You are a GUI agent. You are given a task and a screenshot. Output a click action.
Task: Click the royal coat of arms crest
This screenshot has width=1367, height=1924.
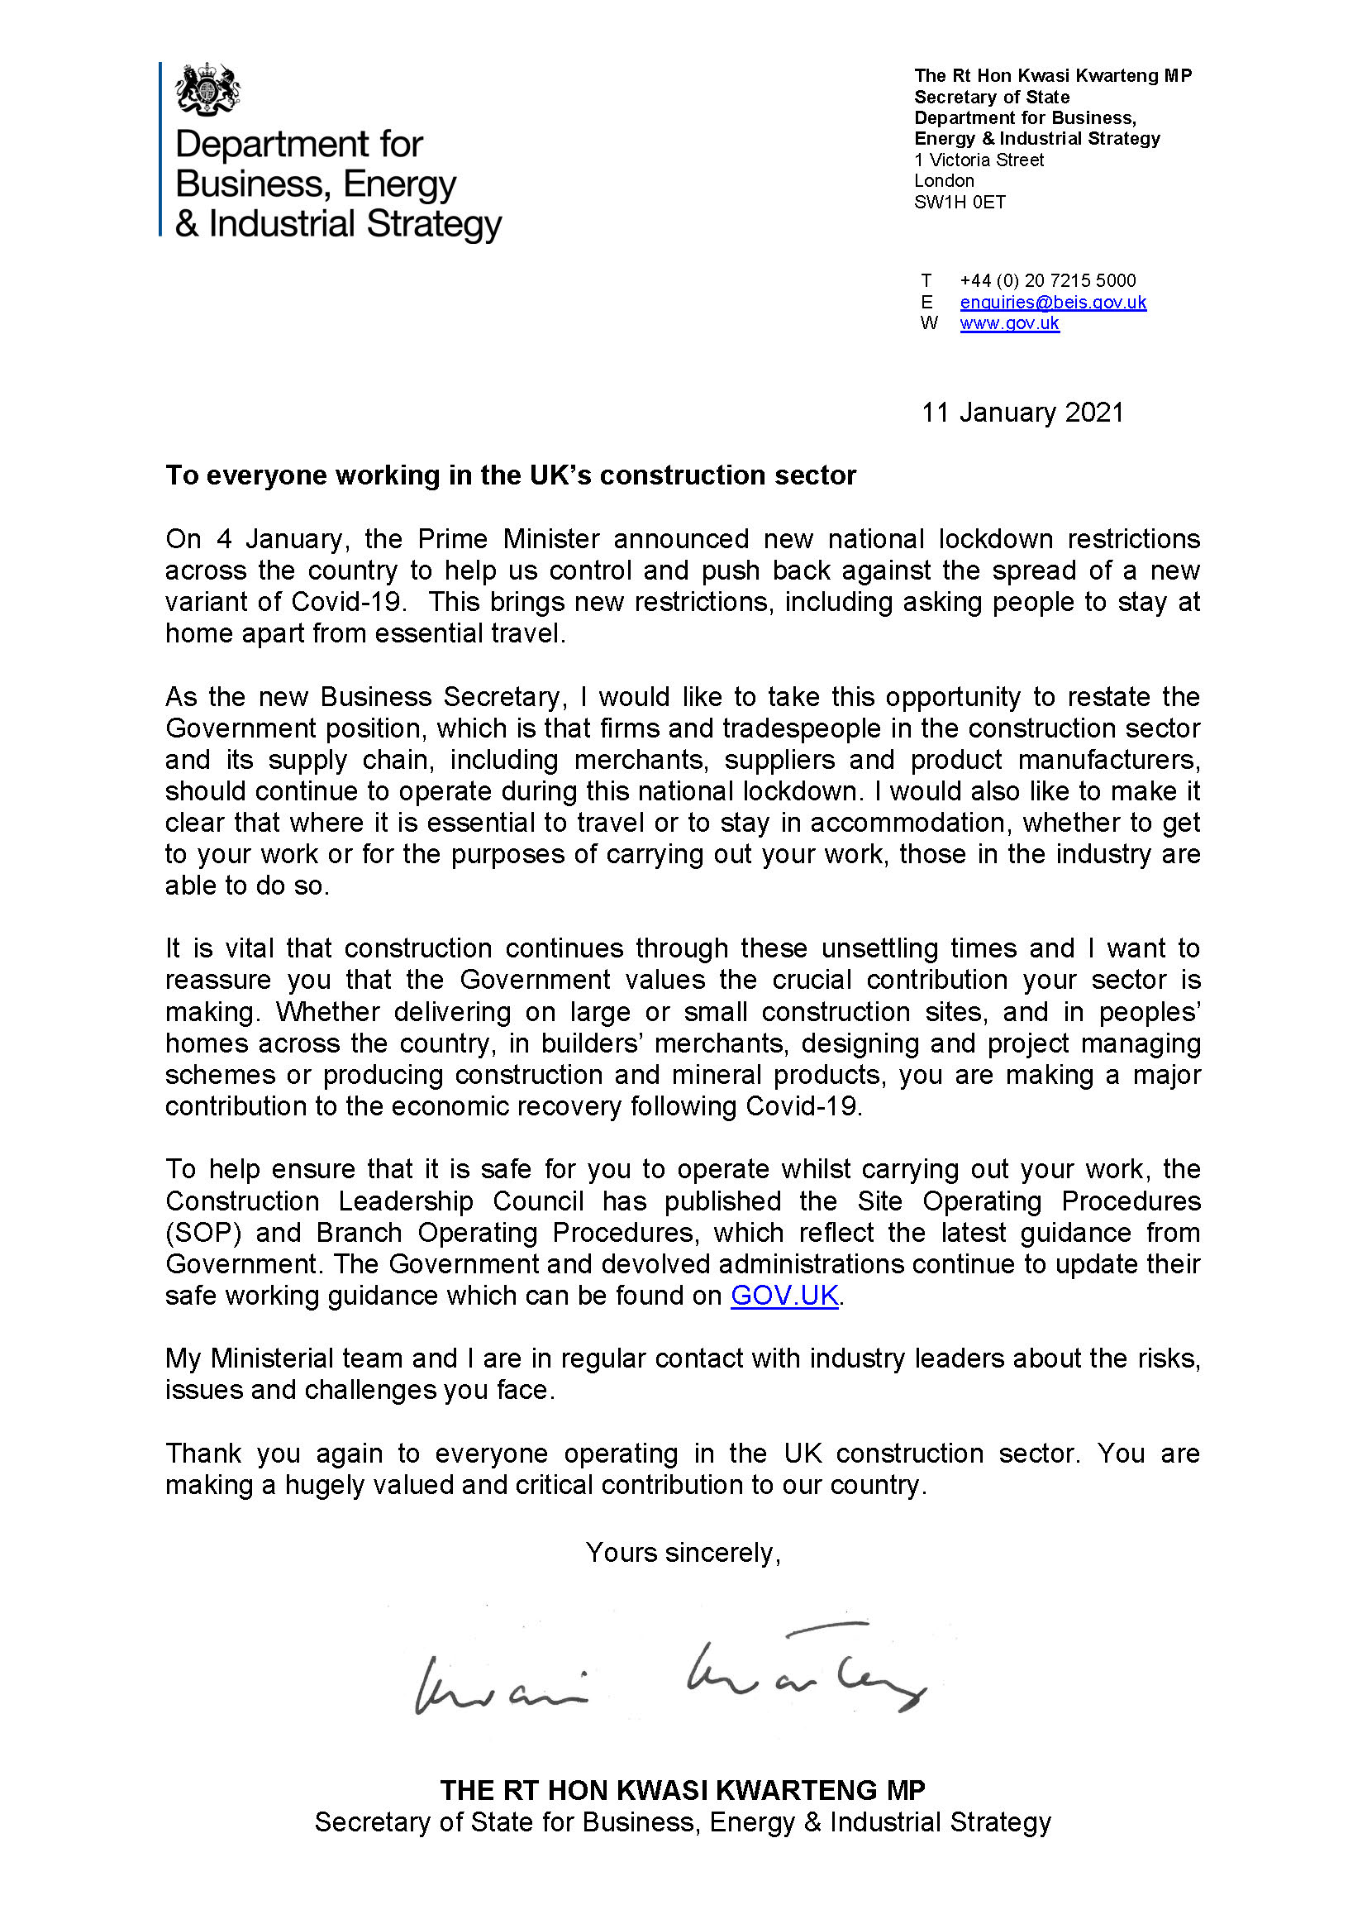207,89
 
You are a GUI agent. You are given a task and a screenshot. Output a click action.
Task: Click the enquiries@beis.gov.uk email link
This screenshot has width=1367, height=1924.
1052,303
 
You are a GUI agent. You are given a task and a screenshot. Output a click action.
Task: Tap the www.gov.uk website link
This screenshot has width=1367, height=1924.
1009,323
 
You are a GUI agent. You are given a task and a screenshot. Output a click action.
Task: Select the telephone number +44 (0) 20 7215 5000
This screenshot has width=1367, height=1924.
1047,280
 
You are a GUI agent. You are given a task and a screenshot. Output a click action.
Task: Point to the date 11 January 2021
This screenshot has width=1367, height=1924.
1022,413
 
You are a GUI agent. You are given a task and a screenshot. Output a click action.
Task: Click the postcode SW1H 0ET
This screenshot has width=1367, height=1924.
960,202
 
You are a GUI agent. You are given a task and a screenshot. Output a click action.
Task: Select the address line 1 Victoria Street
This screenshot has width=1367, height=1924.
978,160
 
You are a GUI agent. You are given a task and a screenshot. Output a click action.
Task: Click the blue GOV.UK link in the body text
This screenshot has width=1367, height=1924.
784,1296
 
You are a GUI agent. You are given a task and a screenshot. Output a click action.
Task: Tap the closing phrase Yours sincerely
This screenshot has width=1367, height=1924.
683,1553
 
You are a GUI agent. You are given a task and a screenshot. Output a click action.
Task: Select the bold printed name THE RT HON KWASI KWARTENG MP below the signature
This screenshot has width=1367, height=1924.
683,1790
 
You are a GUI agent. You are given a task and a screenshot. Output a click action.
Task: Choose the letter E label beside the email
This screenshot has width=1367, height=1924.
926,303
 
